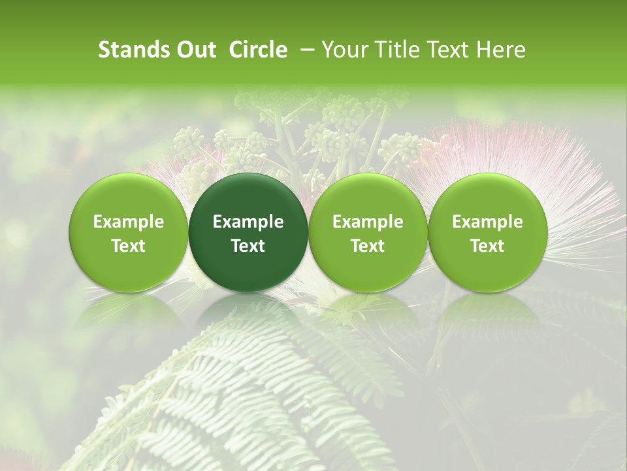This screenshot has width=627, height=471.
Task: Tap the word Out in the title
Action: coord(195,50)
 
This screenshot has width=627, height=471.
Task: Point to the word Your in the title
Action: coord(344,50)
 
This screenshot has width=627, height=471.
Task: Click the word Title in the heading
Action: coord(395,50)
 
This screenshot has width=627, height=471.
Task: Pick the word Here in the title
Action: coord(501,50)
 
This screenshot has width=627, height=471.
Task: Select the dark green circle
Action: coord(248,232)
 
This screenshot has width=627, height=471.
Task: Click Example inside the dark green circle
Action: coord(248,222)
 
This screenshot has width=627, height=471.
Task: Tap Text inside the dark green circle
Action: coord(248,246)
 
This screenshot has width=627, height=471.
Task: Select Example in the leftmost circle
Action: coord(128,222)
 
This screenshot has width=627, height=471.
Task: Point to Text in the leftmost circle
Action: coord(128,246)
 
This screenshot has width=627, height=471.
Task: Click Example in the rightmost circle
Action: coord(487,222)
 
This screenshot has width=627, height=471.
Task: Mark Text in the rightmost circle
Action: coord(487,246)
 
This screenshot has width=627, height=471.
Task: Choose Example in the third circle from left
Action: coord(368,222)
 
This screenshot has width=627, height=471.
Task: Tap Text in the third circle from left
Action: coord(368,246)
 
